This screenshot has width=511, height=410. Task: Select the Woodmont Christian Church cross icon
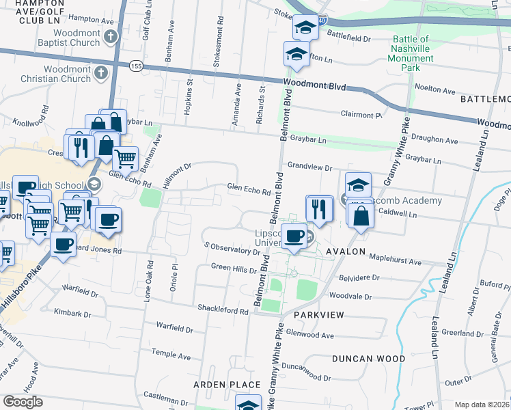[101, 73]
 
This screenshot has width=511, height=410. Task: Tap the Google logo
[23, 402]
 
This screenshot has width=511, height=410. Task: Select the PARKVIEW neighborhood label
[314, 315]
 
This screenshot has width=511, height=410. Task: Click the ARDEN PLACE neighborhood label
[227, 385]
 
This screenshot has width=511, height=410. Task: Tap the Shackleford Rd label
[222, 311]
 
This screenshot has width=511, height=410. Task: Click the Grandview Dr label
[309, 167]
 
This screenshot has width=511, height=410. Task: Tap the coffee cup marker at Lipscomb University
[294, 236]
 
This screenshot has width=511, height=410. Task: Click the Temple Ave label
[171, 355]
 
